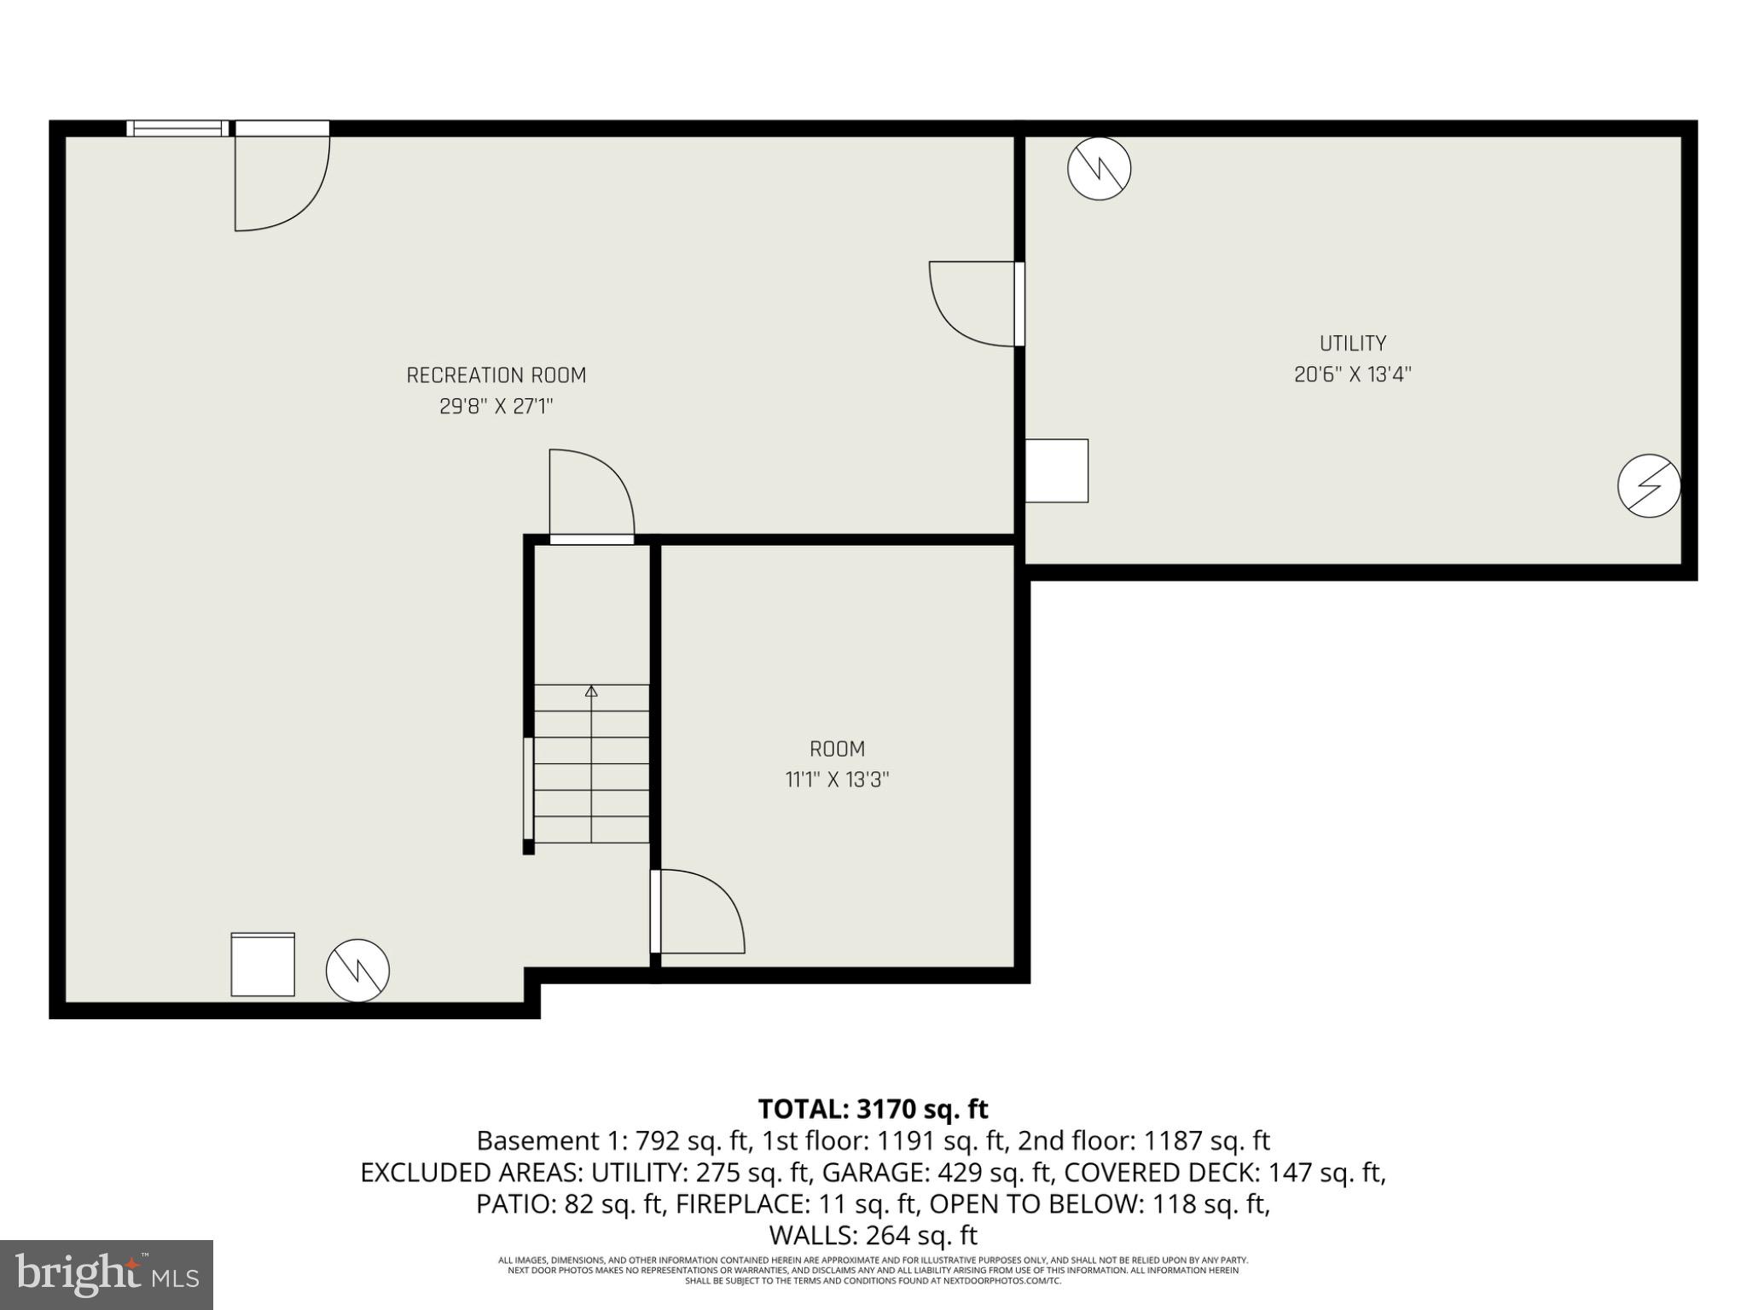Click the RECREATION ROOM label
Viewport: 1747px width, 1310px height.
(496, 375)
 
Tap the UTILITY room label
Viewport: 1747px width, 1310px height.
(1352, 344)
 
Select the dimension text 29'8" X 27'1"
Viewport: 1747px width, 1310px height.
(496, 407)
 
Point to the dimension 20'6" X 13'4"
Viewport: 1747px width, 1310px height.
(1352, 374)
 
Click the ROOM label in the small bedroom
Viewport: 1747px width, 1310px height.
(837, 749)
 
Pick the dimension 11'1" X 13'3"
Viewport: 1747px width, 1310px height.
(837, 780)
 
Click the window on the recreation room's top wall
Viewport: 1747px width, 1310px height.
(177, 129)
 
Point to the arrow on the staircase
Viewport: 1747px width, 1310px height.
(591, 691)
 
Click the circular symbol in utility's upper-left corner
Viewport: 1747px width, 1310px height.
(1099, 169)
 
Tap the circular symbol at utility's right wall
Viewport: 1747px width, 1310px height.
(1648, 485)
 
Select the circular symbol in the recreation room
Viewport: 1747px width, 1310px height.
(357, 971)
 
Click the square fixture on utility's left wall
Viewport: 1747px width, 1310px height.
(1056, 471)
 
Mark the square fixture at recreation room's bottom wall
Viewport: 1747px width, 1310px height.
(263, 965)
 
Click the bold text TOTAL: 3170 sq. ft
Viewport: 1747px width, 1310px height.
(873, 1109)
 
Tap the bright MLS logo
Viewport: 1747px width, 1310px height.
(106, 1274)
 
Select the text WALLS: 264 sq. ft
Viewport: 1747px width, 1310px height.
(873, 1235)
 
